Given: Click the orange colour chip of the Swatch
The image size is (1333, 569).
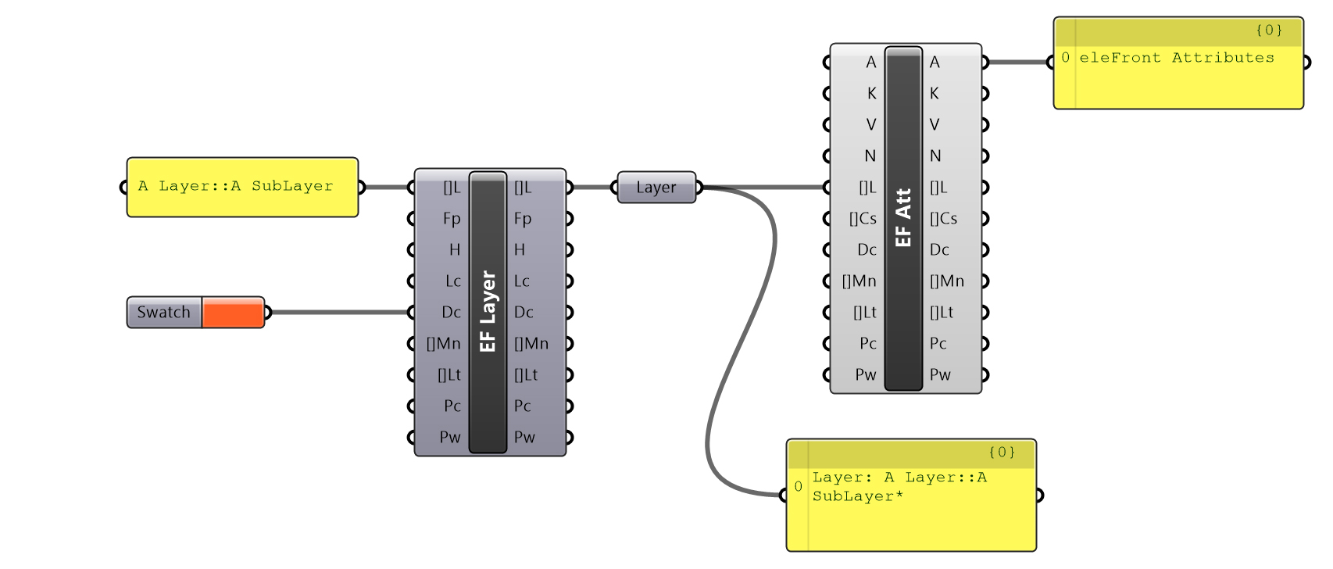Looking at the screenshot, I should [233, 313].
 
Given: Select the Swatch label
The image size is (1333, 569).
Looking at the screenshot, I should [164, 313].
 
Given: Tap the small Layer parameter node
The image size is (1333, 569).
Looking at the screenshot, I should [656, 188].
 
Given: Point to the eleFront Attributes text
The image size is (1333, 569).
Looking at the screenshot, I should [1176, 58].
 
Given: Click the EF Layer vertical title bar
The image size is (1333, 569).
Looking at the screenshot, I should [488, 313].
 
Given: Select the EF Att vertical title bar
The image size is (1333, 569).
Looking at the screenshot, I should [903, 218].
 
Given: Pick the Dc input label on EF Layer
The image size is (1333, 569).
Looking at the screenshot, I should [451, 313].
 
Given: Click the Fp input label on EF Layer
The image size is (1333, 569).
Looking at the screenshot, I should [452, 219].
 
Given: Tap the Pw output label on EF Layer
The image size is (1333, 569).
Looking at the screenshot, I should [524, 438].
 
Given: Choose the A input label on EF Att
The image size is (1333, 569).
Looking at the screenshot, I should [870, 63].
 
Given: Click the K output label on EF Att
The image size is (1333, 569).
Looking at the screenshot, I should [935, 94].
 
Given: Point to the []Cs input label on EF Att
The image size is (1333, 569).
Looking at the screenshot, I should [863, 219].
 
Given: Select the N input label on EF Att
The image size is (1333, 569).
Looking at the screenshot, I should [870, 156].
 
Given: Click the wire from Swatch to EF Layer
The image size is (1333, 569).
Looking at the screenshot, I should [336, 313].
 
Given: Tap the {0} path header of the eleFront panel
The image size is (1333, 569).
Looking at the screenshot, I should [1268, 30].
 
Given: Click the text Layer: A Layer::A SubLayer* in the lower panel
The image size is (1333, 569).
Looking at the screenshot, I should [899, 486].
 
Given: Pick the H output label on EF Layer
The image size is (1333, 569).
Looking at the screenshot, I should [520, 250].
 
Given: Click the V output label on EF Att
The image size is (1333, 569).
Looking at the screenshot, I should [935, 125].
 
